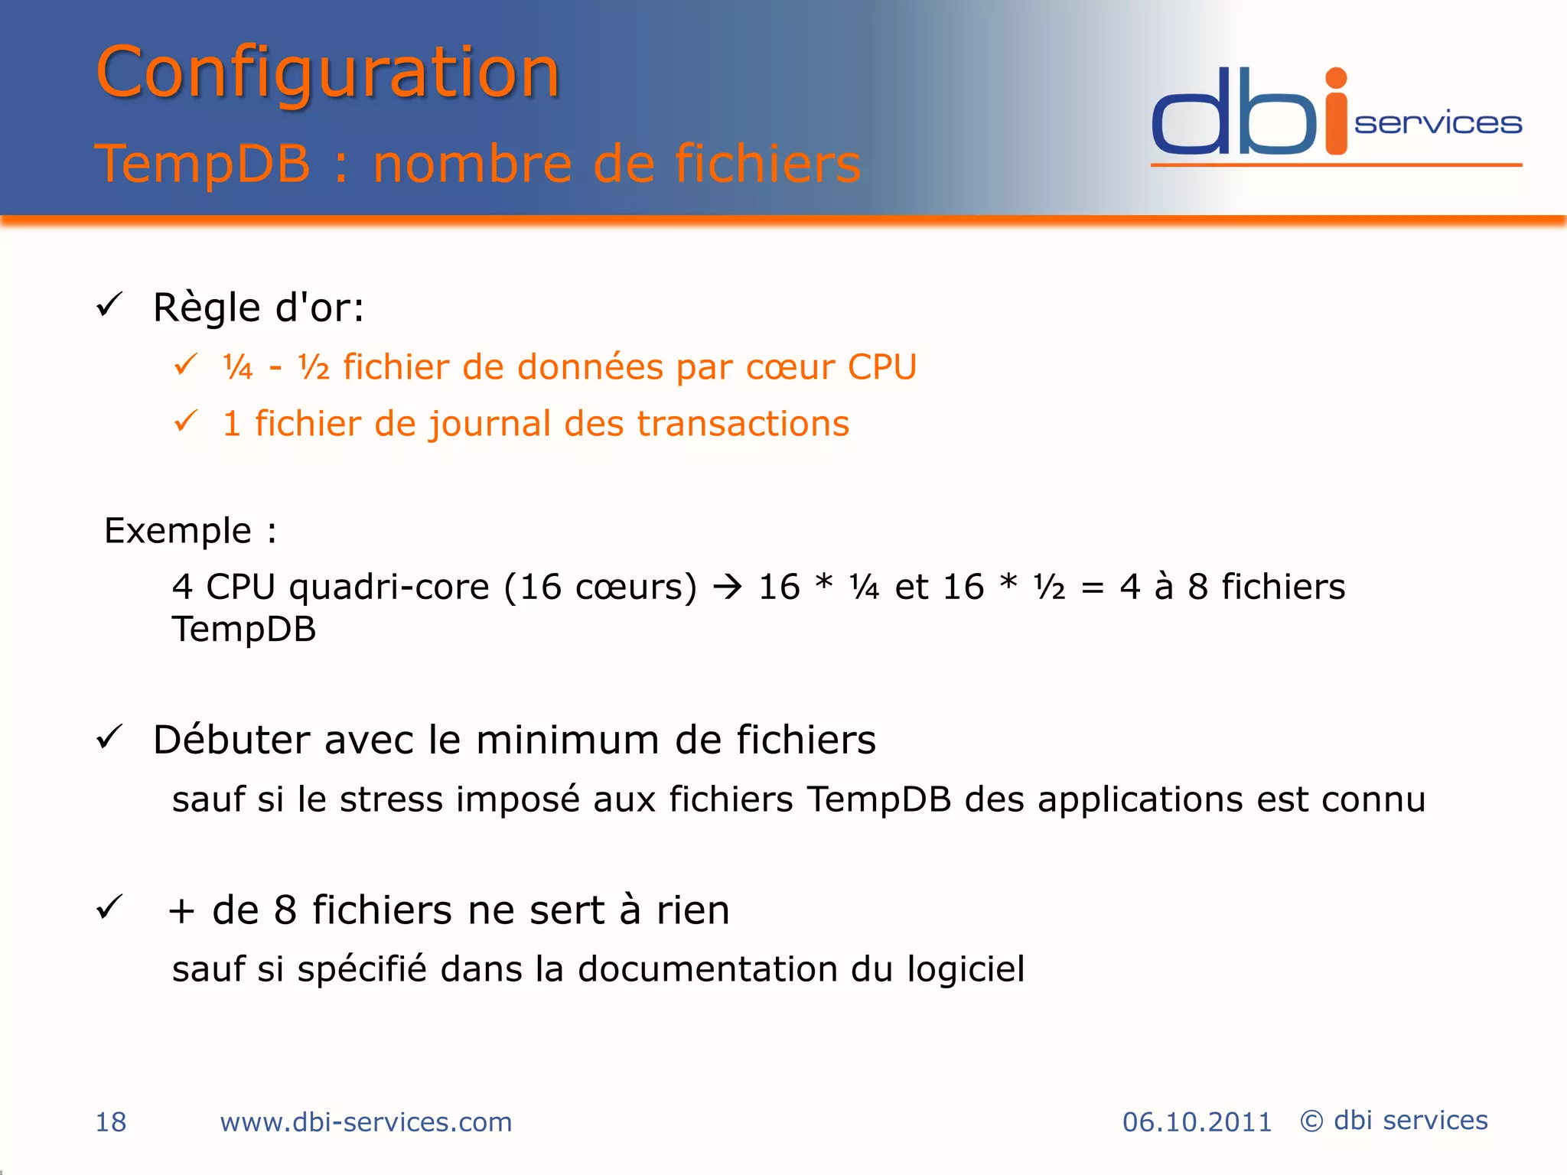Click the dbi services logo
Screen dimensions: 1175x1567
coord(1336,115)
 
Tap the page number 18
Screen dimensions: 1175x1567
coord(110,1122)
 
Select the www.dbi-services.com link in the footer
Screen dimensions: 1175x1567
coord(366,1122)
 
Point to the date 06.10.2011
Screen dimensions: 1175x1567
coord(1197,1122)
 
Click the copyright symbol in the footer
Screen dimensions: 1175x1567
coord(1311,1121)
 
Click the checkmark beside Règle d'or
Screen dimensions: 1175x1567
coord(109,305)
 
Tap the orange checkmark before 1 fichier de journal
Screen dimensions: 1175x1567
coord(186,421)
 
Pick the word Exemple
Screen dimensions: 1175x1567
coord(178,531)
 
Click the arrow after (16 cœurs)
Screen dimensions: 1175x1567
coord(728,587)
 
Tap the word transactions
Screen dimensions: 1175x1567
coord(743,424)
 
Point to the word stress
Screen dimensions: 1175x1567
coord(391,799)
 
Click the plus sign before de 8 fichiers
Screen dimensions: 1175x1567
coord(181,911)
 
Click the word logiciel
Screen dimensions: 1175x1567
coord(966,970)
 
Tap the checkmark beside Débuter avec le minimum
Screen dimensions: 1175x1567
coord(109,737)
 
